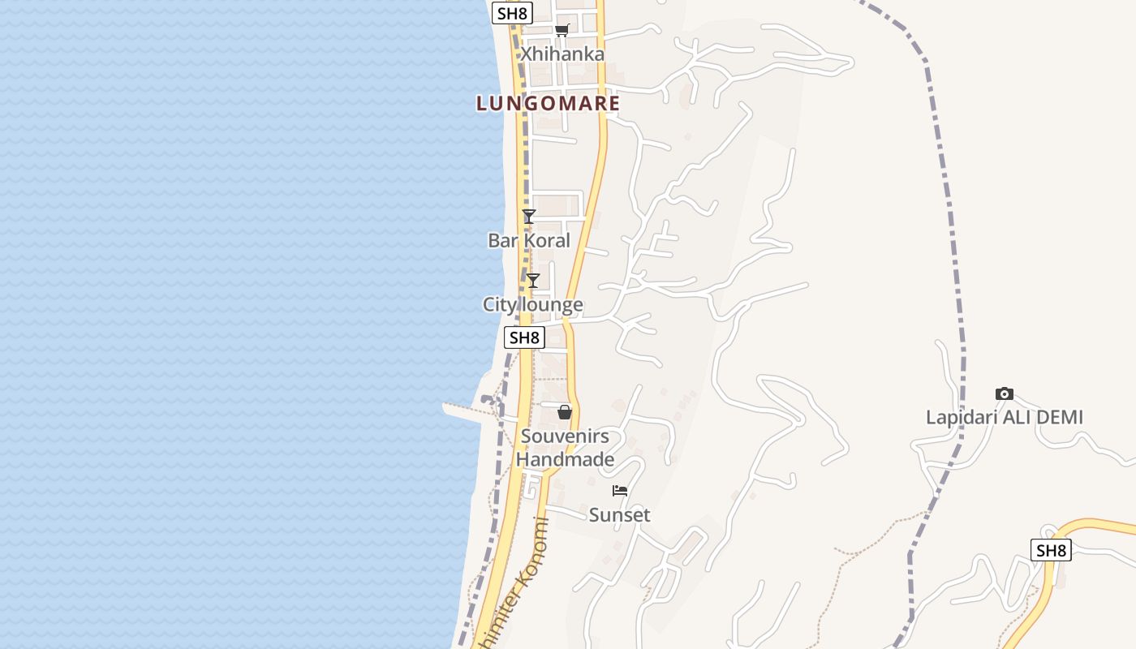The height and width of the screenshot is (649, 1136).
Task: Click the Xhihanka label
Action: click(562, 54)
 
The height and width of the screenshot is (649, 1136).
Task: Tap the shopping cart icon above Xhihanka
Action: click(562, 31)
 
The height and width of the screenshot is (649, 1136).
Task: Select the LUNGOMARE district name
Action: click(548, 104)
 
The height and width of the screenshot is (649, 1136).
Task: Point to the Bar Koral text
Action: click(528, 240)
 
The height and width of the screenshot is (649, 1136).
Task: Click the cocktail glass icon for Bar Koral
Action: click(529, 217)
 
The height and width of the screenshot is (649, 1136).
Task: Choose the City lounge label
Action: click(532, 305)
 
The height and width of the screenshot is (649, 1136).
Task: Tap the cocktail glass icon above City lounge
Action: click(533, 281)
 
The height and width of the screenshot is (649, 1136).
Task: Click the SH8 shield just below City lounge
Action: click(524, 337)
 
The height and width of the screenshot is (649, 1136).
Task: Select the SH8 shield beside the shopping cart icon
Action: click(512, 13)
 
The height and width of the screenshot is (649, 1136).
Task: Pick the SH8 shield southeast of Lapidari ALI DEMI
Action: click(1051, 550)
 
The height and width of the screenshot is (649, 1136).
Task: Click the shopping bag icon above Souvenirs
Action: click(565, 412)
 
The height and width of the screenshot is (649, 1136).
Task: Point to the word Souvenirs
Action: click(565, 436)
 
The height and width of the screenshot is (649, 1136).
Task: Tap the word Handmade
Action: click(565, 460)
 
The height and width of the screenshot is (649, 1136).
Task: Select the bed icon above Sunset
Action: click(620, 491)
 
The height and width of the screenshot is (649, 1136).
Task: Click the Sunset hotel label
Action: click(620, 515)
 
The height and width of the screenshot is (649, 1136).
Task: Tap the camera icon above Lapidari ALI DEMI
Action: click(1005, 394)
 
